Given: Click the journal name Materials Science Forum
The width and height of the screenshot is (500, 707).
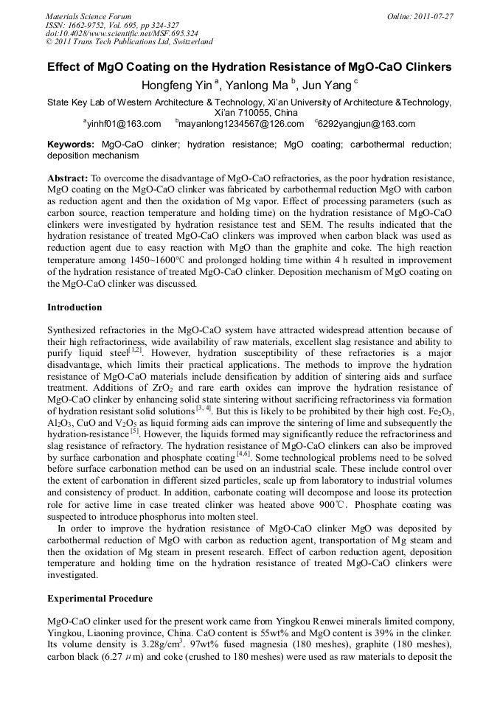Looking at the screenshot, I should [88, 15].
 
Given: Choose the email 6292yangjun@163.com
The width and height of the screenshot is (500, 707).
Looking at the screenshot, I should [367, 124].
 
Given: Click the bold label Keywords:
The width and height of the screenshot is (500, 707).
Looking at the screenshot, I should [71, 144].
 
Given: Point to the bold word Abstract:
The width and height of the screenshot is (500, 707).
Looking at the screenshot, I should [68, 178].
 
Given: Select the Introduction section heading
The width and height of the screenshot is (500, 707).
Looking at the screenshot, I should [74, 307].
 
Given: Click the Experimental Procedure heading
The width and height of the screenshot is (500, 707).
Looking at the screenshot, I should [100, 598].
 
